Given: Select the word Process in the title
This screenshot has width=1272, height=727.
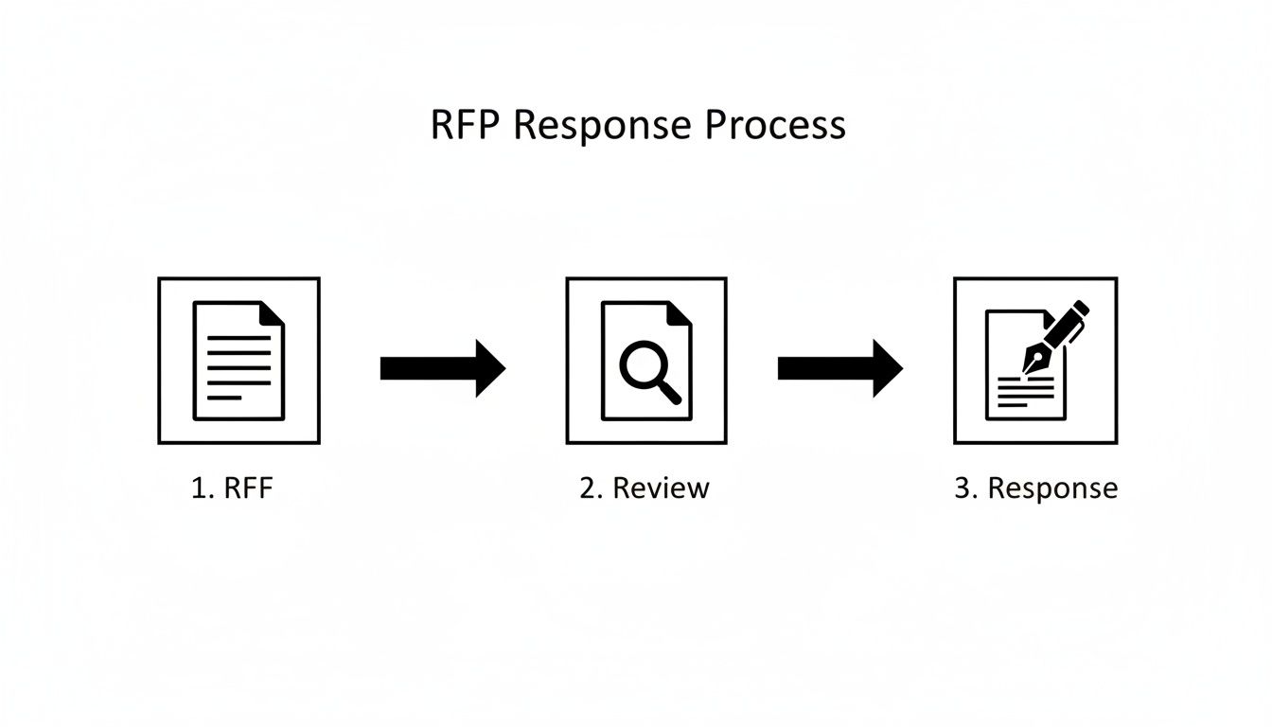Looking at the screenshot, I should (x=774, y=126).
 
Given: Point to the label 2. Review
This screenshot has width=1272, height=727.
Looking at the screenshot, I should (x=645, y=488).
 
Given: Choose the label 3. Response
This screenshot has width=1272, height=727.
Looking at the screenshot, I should (x=1035, y=488).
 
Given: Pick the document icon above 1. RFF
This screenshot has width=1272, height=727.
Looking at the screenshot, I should (x=238, y=361).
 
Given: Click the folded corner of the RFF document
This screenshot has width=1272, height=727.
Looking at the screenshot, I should (x=274, y=313).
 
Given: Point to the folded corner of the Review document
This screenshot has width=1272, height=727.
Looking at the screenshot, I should (x=680, y=313).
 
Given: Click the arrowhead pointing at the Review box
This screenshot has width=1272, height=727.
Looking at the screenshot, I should (x=490, y=368).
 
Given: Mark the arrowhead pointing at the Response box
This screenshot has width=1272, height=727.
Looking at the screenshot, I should (x=888, y=368).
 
